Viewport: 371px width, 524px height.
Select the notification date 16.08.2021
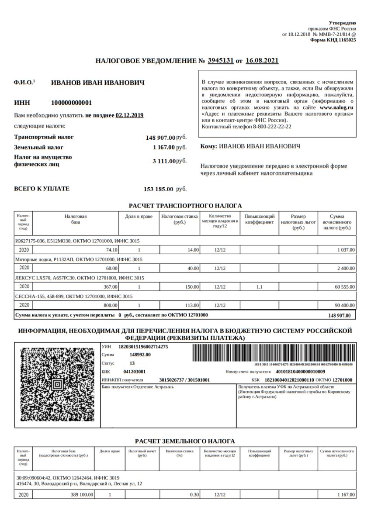pos(262,61)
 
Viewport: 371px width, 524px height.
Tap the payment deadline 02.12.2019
pos(129,115)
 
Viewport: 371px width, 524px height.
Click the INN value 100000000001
pos(72,103)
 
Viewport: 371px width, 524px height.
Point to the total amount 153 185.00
pos(158,189)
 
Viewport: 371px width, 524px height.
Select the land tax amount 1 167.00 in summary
pos(163,148)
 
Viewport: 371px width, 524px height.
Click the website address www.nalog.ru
pos(336,107)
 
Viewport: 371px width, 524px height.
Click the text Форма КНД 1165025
pos(333,39)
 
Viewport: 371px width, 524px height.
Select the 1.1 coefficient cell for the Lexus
pos(259,287)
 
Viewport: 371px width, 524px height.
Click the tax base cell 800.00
pos(109,305)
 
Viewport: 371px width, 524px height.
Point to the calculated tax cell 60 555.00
pos(343,287)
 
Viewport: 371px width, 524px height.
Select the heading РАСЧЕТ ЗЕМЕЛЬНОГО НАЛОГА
pos(185,441)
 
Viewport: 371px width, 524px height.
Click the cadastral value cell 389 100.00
pos(82,495)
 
